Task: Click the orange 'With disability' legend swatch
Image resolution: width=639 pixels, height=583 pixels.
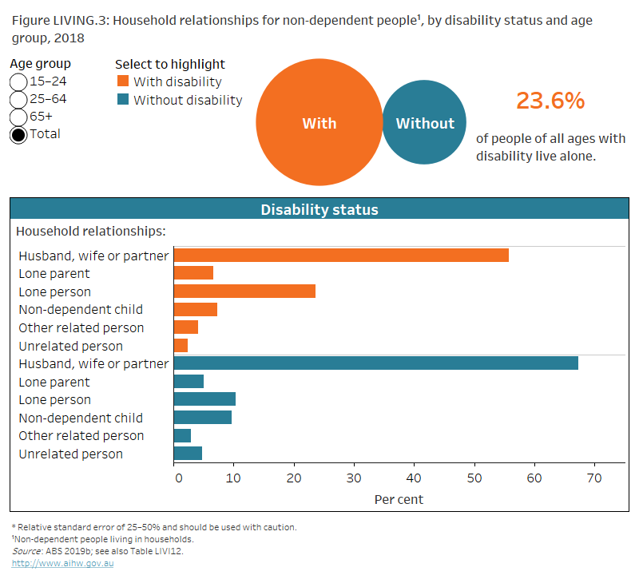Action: [x=122, y=81]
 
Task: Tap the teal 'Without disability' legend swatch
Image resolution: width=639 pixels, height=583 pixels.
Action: [x=122, y=100]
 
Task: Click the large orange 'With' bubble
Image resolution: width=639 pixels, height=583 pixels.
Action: [x=319, y=123]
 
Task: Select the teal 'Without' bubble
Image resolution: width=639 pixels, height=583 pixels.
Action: [x=424, y=123]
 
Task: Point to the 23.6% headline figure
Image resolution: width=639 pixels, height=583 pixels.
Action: [x=550, y=101]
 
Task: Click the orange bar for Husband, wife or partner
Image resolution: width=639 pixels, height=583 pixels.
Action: [x=341, y=256]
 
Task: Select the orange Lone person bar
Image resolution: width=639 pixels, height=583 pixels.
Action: [x=244, y=291]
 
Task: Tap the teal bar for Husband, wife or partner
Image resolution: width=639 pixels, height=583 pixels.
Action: [x=375, y=364]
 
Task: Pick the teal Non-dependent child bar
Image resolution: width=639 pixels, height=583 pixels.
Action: [x=203, y=418]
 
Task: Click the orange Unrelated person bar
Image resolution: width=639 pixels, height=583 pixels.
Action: [x=181, y=346]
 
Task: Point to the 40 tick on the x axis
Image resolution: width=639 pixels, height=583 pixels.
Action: [x=414, y=478]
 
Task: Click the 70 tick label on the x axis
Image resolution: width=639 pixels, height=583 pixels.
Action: [x=594, y=478]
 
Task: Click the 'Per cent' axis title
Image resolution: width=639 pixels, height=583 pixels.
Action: [x=399, y=499]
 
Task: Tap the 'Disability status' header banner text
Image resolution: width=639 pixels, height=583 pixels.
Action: [x=319, y=210]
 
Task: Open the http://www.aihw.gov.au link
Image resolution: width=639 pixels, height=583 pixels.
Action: [x=63, y=563]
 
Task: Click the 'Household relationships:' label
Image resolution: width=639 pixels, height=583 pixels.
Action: [x=91, y=232]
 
